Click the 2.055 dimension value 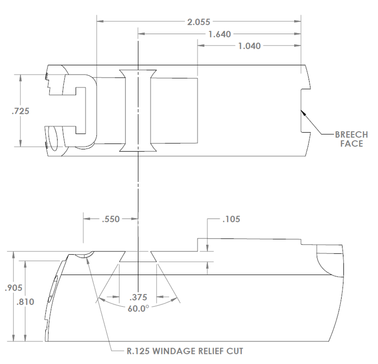(x=200, y=21)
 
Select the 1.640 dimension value (x=220, y=34)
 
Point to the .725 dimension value (x=20, y=111)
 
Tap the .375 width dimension (x=138, y=297)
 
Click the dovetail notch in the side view (x=138, y=256)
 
